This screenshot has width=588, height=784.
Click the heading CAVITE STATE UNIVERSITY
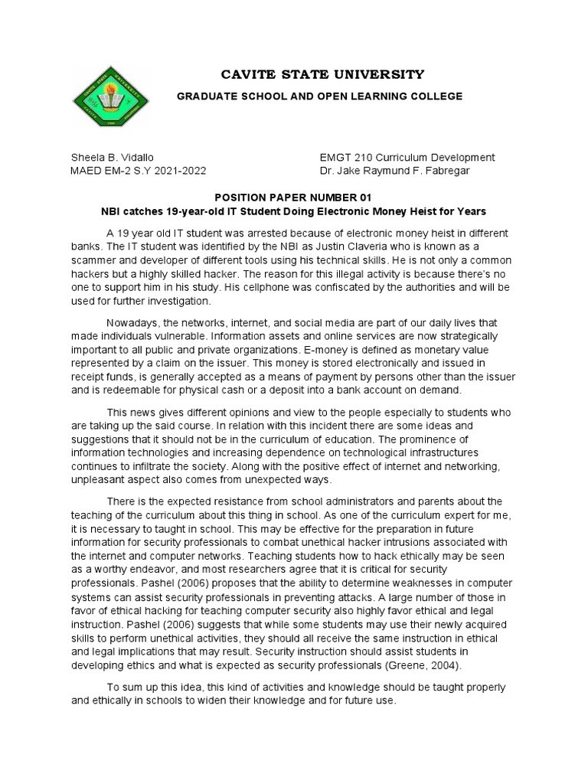tap(322, 74)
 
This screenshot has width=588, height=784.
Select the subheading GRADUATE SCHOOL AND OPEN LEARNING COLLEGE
tap(320, 96)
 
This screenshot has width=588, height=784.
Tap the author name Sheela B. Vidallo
tap(113, 157)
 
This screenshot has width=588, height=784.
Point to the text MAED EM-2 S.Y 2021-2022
tap(139, 171)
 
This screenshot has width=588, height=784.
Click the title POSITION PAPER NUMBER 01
tap(294, 197)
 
